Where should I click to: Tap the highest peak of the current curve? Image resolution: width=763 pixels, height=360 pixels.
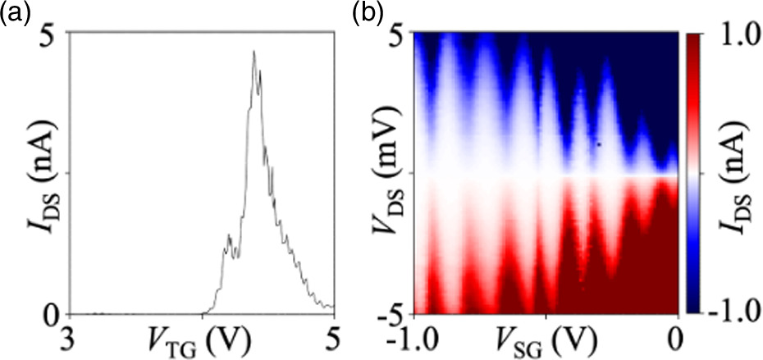tap(254, 52)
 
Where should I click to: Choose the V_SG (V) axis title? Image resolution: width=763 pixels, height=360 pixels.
tap(546, 339)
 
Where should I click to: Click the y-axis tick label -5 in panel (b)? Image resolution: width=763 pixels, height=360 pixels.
tap(395, 313)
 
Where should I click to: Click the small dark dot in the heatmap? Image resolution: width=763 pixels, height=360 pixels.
tap(599, 144)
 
